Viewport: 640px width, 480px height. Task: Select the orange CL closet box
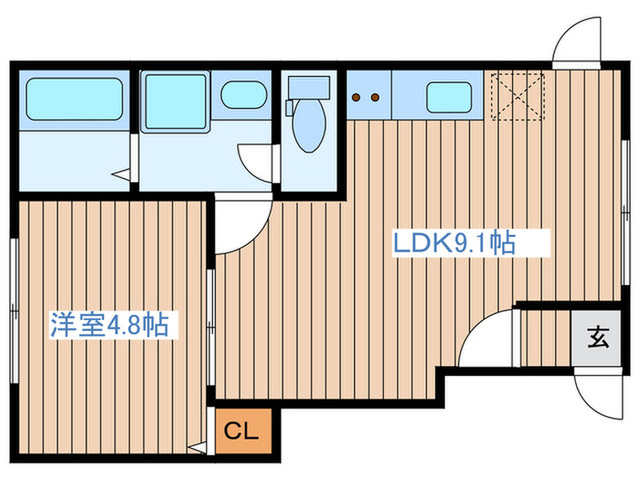pyautogui.click(x=243, y=430)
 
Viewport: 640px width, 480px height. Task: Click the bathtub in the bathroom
pyautogui.click(x=73, y=99)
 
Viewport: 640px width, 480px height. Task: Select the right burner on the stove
pyautogui.click(x=375, y=97)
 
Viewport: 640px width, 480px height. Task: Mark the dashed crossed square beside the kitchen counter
pyautogui.click(x=517, y=95)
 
